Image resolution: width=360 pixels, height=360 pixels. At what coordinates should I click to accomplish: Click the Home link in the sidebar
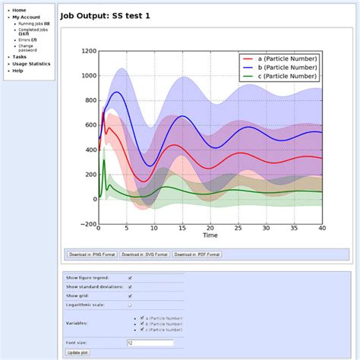[x=19, y=10]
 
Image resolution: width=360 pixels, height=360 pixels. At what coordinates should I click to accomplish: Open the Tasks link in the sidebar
[x=19, y=56]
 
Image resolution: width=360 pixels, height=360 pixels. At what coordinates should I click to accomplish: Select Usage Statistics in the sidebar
[x=31, y=64]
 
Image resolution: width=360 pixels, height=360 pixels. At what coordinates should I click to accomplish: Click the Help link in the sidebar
[x=17, y=71]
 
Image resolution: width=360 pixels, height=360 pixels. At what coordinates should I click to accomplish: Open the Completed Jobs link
[x=34, y=30]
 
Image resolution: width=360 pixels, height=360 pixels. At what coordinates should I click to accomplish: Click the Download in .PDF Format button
[x=197, y=254]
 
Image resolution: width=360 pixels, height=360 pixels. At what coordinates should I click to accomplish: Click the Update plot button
[x=77, y=352]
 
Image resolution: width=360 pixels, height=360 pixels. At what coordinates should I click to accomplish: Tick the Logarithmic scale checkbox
[x=130, y=305]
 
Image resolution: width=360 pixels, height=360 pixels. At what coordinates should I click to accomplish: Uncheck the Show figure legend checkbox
[x=130, y=277]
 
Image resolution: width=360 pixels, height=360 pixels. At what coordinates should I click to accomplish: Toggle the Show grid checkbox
[x=130, y=295]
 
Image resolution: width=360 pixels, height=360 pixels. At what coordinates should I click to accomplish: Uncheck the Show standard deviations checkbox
[x=130, y=286]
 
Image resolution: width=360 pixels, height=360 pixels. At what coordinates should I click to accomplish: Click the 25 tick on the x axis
[x=238, y=229]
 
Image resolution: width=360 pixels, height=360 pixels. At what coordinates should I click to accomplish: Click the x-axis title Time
[x=210, y=235]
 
